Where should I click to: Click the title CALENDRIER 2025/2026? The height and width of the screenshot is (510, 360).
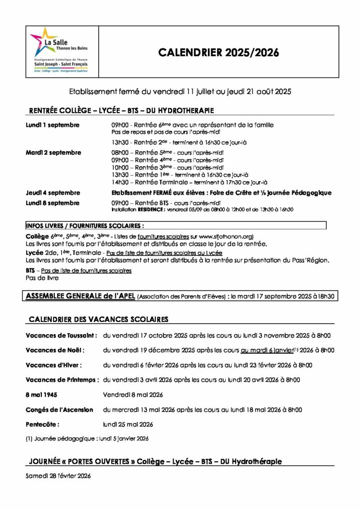[x=219, y=53]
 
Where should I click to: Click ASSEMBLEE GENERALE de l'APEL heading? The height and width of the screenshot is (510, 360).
[x=80, y=296]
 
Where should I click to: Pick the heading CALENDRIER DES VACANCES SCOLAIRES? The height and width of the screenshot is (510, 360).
[x=98, y=319]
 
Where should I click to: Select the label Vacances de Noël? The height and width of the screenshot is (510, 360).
[x=55, y=350]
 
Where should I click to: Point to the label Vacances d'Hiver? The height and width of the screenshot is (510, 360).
[x=54, y=365]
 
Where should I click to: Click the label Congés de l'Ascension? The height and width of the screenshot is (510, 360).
[x=59, y=410]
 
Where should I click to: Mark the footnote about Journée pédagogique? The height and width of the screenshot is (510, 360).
[x=87, y=439]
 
